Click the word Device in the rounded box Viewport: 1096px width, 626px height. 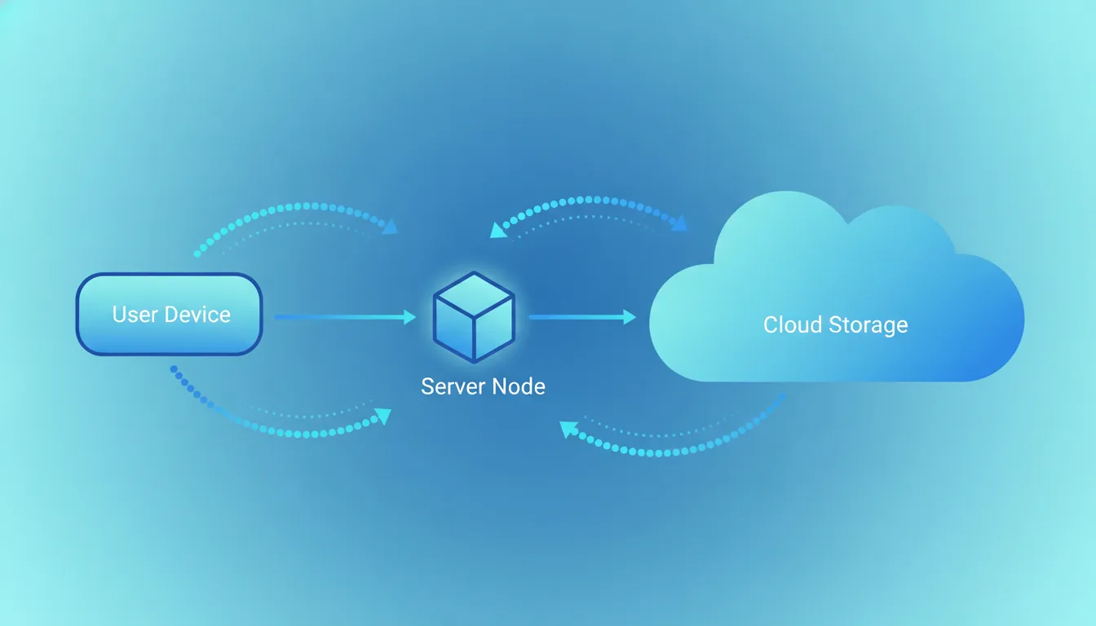point(197,315)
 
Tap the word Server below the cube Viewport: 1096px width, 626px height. point(453,386)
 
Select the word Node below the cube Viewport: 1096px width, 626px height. point(519,386)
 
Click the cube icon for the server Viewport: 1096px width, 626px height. point(474,317)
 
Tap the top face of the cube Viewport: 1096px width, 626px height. point(474,294)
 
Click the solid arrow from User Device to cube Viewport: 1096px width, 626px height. point(346,317)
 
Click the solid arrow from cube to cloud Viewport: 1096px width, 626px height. point(583,317)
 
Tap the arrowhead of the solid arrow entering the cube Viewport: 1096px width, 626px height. point(410,317)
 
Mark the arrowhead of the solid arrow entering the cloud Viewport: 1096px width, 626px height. point(630,317)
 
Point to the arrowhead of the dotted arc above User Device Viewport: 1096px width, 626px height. point(391,227)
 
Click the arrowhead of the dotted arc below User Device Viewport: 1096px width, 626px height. point(383,416)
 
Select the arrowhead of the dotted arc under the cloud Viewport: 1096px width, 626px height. point(568,429)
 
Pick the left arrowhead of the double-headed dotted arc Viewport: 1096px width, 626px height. point(498,230)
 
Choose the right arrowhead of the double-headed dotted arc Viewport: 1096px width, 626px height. point(679,223)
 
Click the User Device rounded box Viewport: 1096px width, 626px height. point(170,314)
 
